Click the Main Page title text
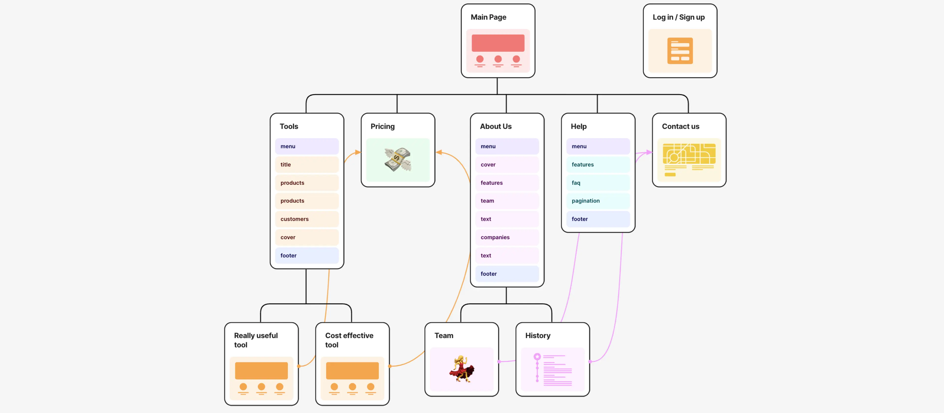point(488,17)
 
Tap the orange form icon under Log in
point(680,51)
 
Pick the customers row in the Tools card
point(307,219)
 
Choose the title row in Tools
point(307,164)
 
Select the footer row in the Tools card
point(307,255)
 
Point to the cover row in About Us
point(507,164)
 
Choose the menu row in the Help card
point(598,146)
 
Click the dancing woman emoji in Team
point(461,369)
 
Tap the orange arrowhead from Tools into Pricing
point(358,152)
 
